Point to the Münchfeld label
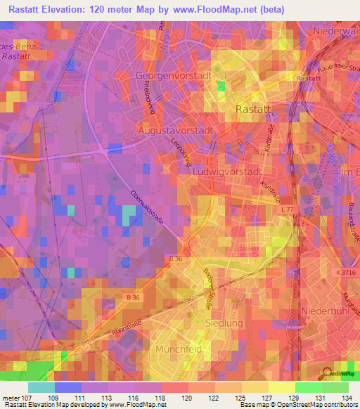174,349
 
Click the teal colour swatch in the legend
41,387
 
